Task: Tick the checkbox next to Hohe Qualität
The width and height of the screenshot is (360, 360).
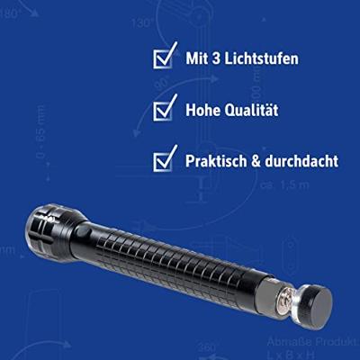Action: point(163,111)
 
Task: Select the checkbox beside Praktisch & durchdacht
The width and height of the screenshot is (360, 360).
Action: point(163,162)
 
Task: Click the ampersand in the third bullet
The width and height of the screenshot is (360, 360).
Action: point(262,163)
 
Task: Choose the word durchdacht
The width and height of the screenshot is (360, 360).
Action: point(305,163)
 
